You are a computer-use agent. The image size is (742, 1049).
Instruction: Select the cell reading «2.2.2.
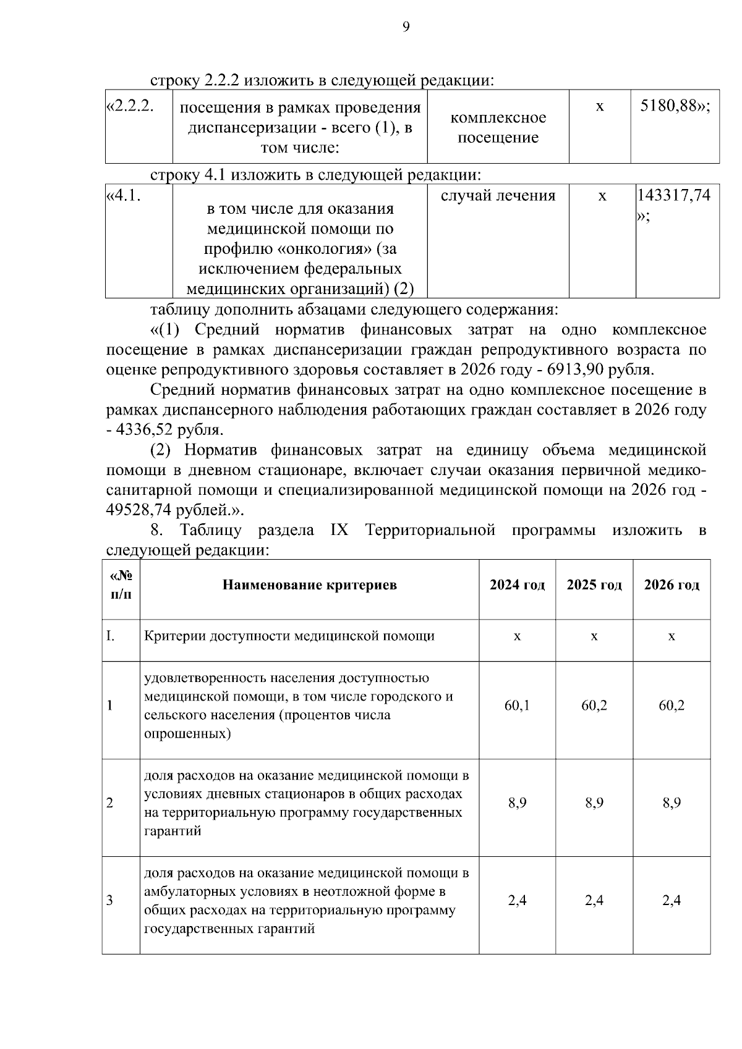(x=130, y=106)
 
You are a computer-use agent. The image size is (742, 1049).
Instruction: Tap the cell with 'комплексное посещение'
(x=498, y=127)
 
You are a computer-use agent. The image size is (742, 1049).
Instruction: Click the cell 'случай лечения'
(x=498, y=196)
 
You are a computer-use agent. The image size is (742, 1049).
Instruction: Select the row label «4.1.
(x=124, y=196)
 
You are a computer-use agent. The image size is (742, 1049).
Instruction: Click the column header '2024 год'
(x=517, y=584)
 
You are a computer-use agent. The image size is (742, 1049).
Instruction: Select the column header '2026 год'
(x=672, y=584)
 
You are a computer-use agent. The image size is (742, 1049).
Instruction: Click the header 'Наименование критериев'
(x=310, y=584)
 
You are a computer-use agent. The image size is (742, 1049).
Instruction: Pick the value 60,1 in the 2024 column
(x=517, y=706)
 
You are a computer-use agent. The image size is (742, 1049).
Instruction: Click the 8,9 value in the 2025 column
(x=594, y=803)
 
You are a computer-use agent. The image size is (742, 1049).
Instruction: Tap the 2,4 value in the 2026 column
(x=672, y=900)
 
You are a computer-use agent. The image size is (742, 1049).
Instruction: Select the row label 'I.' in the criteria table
(x=111, y=636)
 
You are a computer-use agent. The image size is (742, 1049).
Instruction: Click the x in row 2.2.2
(x=599, y=106)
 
